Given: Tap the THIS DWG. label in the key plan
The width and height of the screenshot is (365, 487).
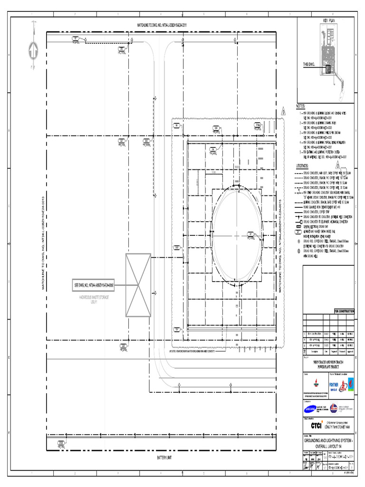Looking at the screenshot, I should pos(310,64).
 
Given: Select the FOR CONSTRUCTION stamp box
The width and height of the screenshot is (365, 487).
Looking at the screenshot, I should pos(344,311).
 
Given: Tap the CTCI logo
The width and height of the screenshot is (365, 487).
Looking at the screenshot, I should pos(317,425).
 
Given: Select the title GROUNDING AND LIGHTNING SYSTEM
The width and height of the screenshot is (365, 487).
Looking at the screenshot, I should pos(328,442).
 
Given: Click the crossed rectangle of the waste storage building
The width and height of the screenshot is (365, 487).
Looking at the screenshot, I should pos(138,285).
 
